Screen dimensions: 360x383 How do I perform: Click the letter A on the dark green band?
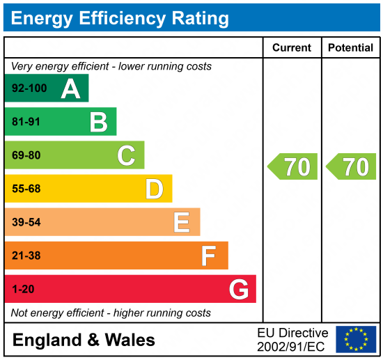coord(70,89)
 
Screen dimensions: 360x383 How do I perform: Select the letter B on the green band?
coord(98,123)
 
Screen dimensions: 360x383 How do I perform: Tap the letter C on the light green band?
coord(126,155)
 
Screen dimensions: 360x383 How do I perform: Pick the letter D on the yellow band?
coord(154,189)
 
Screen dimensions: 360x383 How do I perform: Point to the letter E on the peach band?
coord(182,222)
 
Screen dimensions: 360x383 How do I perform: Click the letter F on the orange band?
coord(208,256)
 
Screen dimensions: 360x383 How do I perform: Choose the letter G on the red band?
coord(239,289)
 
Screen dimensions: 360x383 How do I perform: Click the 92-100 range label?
coord(29,89)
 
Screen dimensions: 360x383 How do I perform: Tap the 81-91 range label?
coord(26,123)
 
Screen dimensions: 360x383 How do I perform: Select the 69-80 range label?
coord(26,155)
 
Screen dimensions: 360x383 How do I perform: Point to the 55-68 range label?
coord(26,189)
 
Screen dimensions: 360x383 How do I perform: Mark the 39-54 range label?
coord(26,222)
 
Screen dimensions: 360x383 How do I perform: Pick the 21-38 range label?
coord(26,256)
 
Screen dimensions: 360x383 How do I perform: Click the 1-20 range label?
coord(23,289)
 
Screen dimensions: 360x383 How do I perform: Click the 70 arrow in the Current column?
coord(293,167)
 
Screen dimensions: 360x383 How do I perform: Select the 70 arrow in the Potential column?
coord(352,167)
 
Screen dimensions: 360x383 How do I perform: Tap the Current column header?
coord(292,48)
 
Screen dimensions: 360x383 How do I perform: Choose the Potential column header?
coord(350,48)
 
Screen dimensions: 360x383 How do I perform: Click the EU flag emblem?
coord(356,339)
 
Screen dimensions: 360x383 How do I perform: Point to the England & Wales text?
coord(84,340)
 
